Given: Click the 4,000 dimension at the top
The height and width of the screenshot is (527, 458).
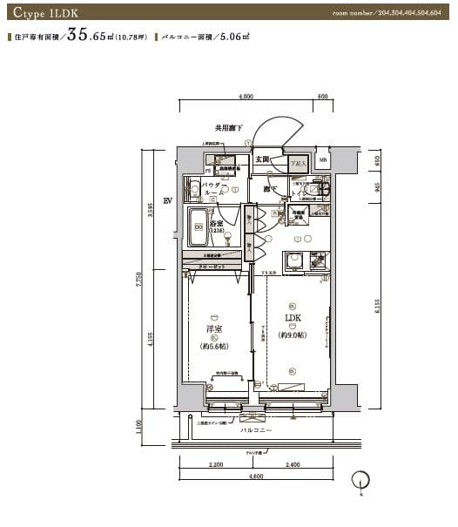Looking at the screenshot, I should point(246,97).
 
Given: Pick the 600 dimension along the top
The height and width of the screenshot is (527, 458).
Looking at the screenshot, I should point(322,97).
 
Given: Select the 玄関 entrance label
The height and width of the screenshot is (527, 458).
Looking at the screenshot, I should point(263,159).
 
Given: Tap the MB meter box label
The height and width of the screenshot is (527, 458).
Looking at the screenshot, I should point(323,160).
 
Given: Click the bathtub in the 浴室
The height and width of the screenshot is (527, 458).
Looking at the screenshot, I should point(199,228).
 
